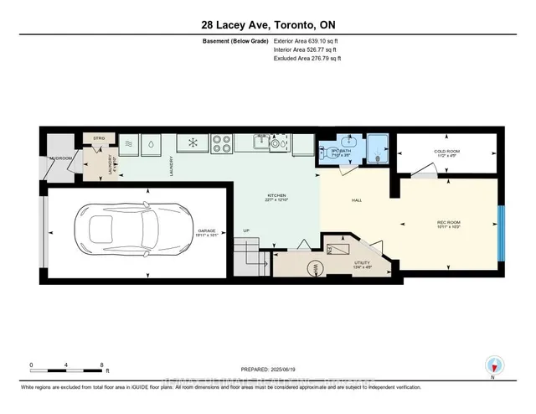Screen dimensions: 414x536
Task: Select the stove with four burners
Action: point(221,143)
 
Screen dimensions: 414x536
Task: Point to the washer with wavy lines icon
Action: point(129,143)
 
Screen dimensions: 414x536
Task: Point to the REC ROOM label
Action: point(449,224)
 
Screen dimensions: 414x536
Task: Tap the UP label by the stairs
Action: point(245,230)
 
